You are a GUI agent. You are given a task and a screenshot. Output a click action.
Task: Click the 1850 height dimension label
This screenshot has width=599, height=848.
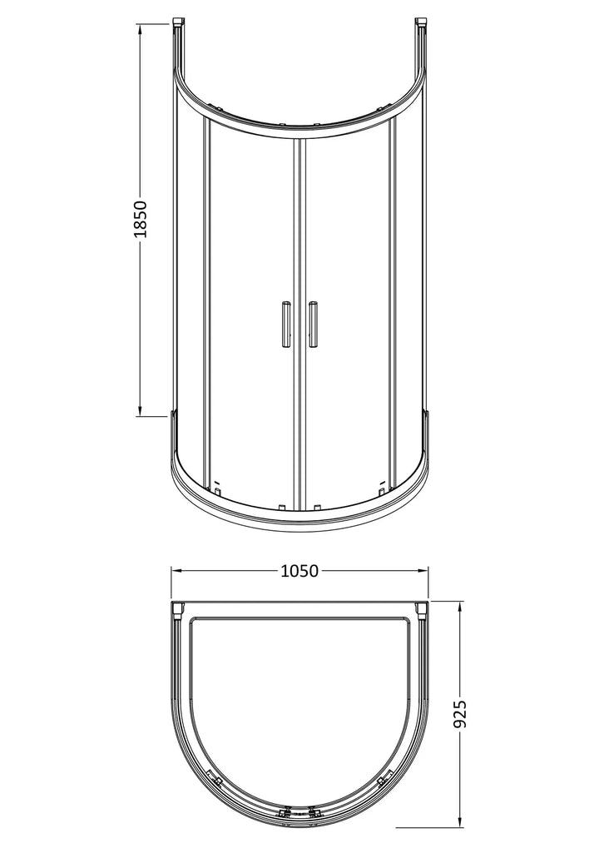[x=140, y=219]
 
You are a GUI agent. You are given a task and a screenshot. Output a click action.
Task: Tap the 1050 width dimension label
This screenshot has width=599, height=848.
[x=299, y=571]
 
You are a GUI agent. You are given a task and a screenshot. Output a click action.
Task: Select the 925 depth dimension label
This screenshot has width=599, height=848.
[x=460, y=714]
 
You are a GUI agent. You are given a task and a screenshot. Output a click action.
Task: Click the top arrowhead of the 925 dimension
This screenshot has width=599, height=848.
[x=460, y=607]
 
